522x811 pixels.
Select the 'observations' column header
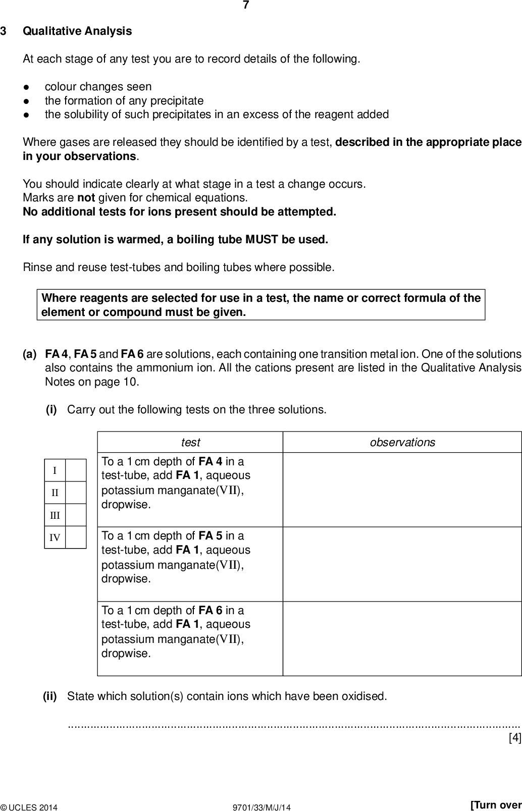[x=402, y=443]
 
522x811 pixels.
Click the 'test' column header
[x=190, y=443]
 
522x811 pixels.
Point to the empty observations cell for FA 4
[x=402, y=490]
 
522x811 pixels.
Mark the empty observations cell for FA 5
[x=402, y=564]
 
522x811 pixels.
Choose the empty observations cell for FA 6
[x=402, y=638]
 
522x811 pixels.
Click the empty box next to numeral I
[x=76, y=471]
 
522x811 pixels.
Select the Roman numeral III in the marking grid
[x=55, y=515]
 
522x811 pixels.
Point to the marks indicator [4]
[x=514, y=738]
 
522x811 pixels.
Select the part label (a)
[x=30, y=354]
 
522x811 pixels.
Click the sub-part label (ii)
[x=50, y=696]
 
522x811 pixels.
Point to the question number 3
[x=4, y=31]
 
